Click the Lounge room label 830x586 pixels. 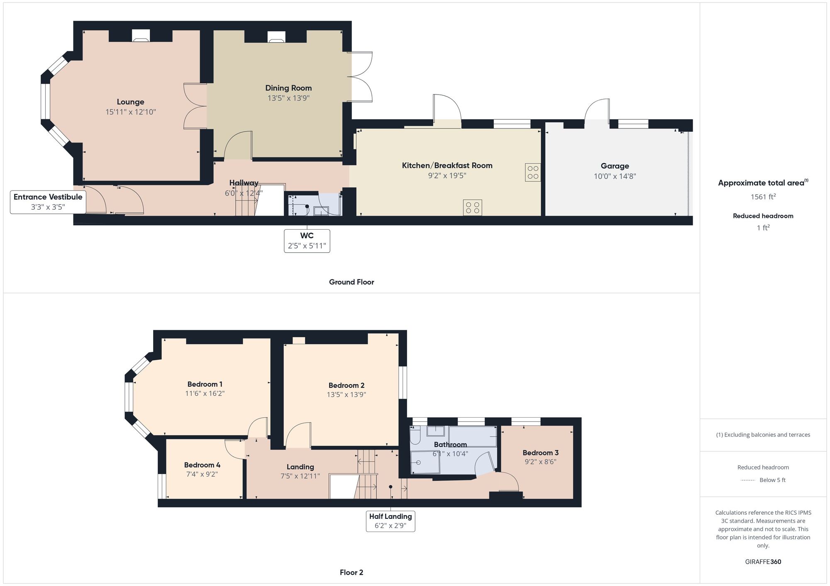130,102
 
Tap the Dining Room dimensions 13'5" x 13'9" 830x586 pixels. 288,98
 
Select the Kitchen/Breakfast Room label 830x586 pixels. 447,165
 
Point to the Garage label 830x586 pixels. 615,166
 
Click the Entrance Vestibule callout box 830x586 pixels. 48,202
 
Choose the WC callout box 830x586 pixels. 307,241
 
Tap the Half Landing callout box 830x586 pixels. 391,521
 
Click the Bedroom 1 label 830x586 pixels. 205,384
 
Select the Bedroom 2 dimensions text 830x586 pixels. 346,395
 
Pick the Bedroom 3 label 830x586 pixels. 540,453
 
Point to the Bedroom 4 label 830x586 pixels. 202,465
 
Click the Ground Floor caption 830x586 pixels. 352,282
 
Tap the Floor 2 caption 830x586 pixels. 352,572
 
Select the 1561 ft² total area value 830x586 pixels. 763,196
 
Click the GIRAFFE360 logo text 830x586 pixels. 763,562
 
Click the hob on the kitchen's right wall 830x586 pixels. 533,172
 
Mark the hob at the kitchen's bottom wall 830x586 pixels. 473,208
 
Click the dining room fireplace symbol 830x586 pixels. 276,37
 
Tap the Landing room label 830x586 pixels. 300,467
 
